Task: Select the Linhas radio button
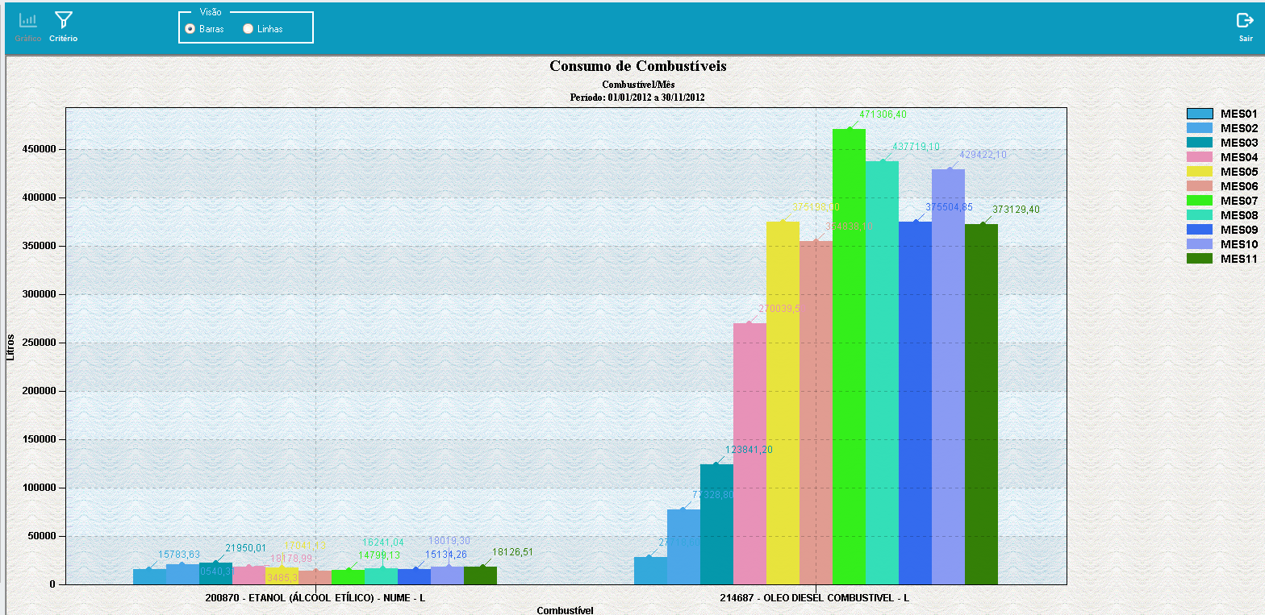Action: pyautogui.click(x=248, y=29)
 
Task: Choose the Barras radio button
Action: pyautogui.click(x=190, y=29)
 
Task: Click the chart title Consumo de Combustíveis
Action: pyautogui.click(x=637, y=66)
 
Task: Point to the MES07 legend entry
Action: pyautogui.click(x=1221, y=201)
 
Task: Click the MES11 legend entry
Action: pyautogui.click(x=1221, y=259)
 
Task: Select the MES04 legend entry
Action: pyautogui.click(x=1221, y=157)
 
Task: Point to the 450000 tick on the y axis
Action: pyautogui.click(x=37, y=149)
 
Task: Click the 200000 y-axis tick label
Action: pyautogui.click(x=37, y=391)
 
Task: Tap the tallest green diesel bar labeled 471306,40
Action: pyautogui.click(x=849, y=355)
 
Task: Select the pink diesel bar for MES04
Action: pyautogui.click(x=749, y=451)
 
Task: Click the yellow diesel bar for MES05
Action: pyautogui.click(x=783, y=403)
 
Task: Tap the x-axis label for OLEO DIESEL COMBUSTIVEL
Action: pyautogui.click(x=815, y=598)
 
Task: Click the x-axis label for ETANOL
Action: pyautogui.click(x=315, y=598)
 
